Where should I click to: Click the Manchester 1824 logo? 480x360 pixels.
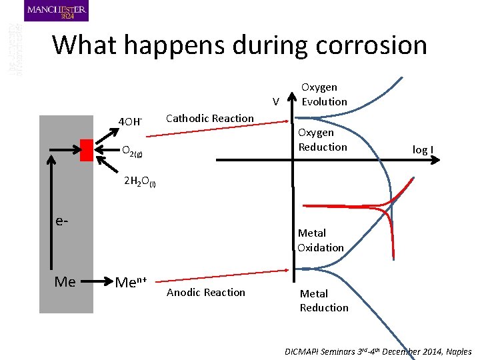coord(56,11)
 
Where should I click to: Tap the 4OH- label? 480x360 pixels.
coord(130,121)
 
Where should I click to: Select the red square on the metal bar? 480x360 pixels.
coord(86,150)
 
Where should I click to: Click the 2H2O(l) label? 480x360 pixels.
coord(140,182)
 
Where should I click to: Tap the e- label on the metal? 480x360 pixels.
coord(61,220)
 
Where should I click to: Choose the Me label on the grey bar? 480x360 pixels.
coord(65,282)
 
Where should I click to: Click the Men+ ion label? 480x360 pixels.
coord(131,283)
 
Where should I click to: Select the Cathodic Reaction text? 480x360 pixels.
coord(209,119)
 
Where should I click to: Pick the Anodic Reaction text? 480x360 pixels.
coord(205,292)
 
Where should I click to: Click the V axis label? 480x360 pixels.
coord(275,102)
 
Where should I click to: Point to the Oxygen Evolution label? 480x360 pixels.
coord(324,94)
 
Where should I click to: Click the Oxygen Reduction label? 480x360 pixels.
coord(322,139)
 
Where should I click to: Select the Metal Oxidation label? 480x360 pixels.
coord(321,240)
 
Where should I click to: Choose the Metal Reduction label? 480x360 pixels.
coord(324,300)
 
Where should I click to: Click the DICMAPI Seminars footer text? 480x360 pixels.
coord(378,351)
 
